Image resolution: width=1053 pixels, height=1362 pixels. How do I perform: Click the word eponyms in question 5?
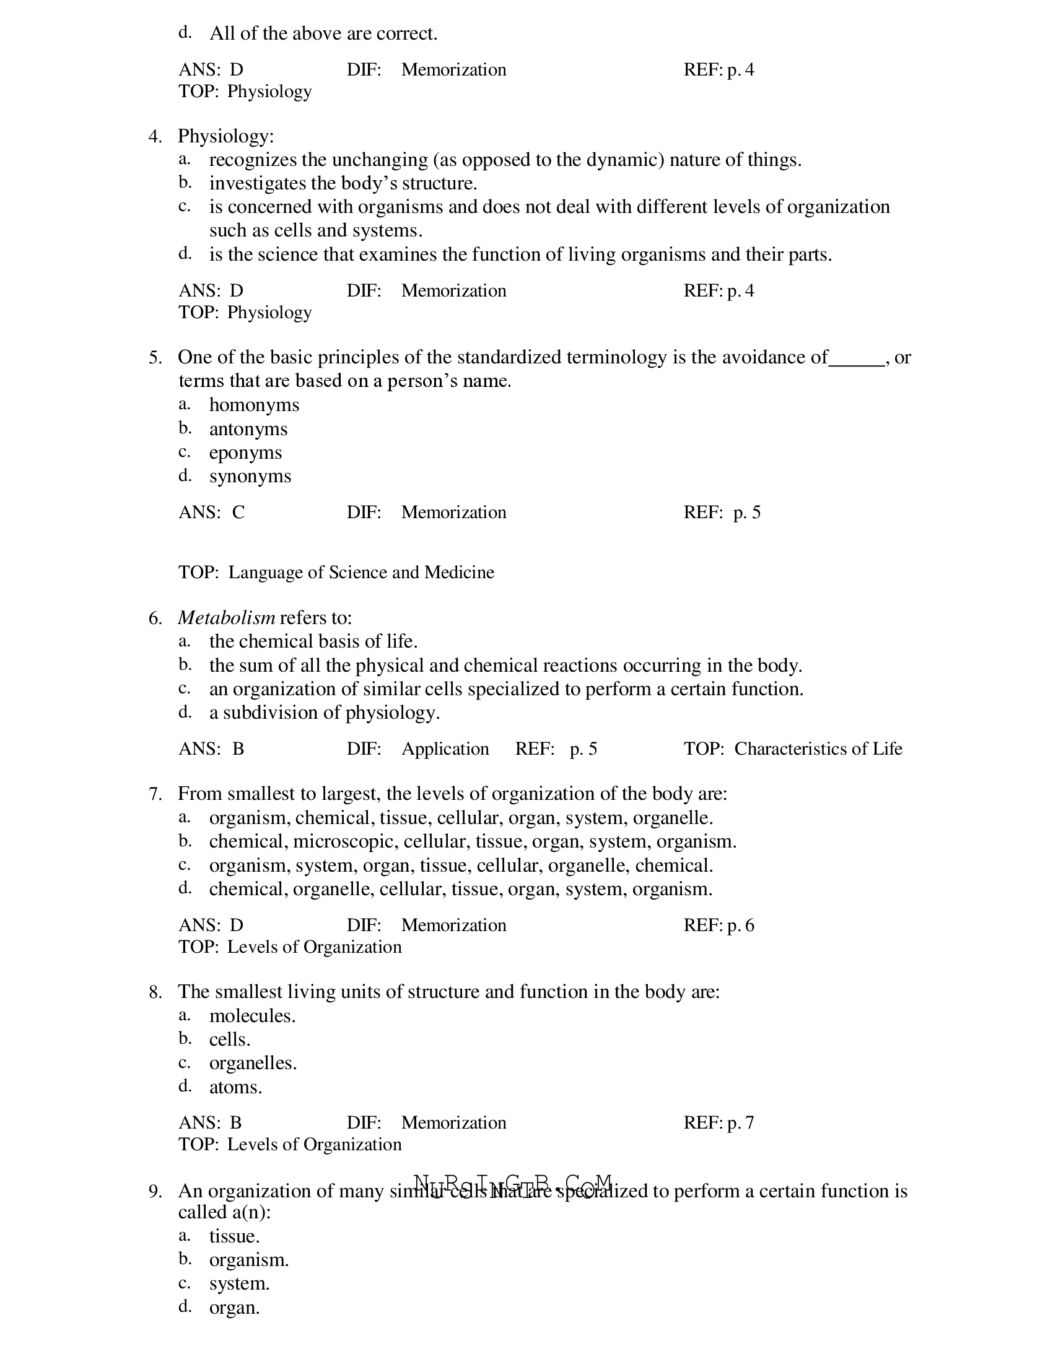[x=245, y=453]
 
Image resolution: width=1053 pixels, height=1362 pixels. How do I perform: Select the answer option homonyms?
[x=254, y=405]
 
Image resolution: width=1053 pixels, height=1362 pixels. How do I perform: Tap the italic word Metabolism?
[x=227, y=617]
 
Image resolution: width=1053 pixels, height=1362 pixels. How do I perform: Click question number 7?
[x=155, y=794]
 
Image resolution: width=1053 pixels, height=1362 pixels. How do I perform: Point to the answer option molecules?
[x=252, y=1016]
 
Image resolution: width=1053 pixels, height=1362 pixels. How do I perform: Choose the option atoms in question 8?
[x=235, y=1087]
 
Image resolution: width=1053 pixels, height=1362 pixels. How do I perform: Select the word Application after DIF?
[x=445, y=748]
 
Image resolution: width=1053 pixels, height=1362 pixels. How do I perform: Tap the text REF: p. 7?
[x=718, y=1122]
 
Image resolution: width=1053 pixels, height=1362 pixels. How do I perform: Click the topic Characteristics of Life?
[x=818, y=748]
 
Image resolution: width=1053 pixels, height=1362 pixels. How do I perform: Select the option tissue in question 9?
[x=234, y=1237]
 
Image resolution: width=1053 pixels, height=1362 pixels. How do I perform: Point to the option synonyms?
[x=250, y=477]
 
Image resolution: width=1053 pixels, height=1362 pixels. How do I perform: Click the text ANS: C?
[x=211, y=512]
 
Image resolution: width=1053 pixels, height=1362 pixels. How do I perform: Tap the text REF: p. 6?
[x=718, y=925]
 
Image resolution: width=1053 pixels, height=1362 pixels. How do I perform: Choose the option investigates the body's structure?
[x=343, y=183]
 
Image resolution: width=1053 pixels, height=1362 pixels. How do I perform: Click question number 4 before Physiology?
[x=155, y=136]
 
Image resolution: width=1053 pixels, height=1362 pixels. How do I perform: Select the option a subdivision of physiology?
[x=324, y=712]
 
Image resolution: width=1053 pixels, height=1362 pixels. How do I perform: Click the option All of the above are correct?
[x=323, y=33]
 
